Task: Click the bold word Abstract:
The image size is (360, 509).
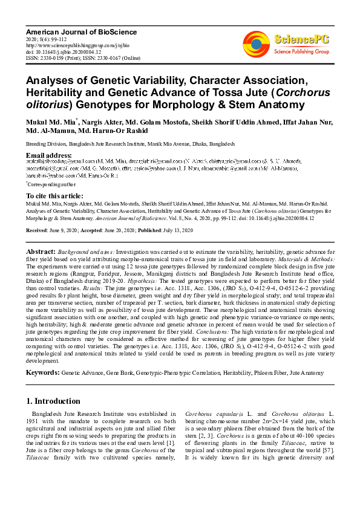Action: pos(42,251)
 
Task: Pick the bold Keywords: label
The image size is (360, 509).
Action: pos(43,373)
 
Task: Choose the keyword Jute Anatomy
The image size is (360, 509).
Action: pos(308,374)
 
